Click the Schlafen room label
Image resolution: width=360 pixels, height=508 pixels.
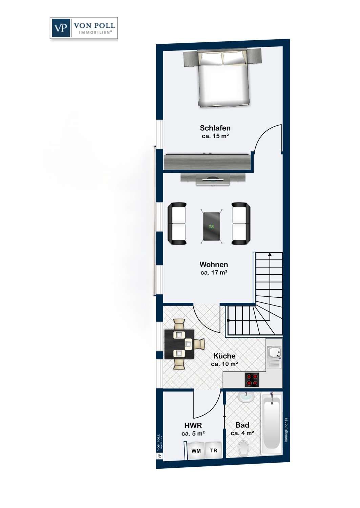pyautogui.click(x=215, y=128)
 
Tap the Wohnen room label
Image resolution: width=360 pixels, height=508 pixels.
pyautogui.click(x=214, y=264)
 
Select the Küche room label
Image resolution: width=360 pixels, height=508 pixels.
pyautogui.click(x=224, y=356)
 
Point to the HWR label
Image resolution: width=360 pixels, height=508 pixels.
pyautogui.click(x=193, y=425)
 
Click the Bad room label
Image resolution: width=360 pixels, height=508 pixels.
pyautogui.click(x=242, y=425)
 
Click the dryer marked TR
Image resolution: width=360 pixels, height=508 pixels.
pyautogui.click(x=213, y=450)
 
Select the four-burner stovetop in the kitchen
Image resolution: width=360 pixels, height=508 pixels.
pyautogui.click(x=252, y=380)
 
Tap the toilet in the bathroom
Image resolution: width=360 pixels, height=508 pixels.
pyautogui.click(x=243, y=448)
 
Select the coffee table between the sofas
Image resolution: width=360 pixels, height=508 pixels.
pyautogui.click(x=211, y=226)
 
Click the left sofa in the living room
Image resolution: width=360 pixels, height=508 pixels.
pyautogui.click(x=177, y=224)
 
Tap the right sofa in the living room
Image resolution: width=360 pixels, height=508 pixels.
pyautogui.click(x=241, y=224)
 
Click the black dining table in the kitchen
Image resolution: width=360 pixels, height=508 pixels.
pyautogui.click(x=179, y=344)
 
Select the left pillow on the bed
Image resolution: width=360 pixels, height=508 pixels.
pyautogui.click(x=211, y=58)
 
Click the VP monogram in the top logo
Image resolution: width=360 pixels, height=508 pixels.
pyautogui.click(x=61, y=28)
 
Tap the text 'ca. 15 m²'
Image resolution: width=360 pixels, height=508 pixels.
pyautogui.click(x=215, y=136)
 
